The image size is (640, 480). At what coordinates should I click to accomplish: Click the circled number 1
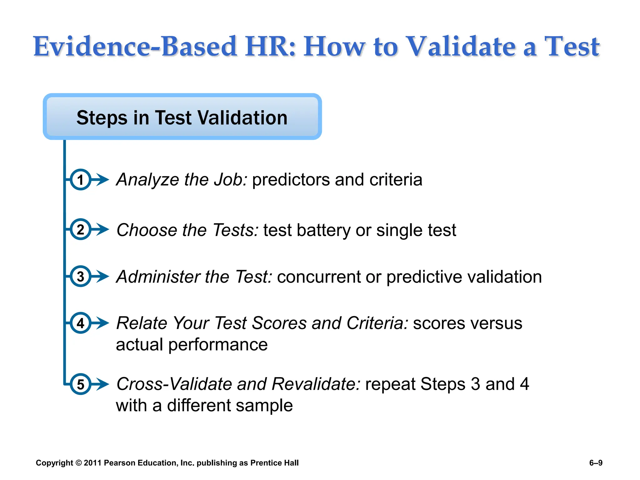tap(80, 180)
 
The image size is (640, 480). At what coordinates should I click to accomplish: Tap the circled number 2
tap(80, 229)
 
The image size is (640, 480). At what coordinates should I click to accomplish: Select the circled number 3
tap(80, 277)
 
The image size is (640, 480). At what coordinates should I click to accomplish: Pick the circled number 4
tap(80, 323)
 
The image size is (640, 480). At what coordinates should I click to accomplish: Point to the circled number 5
tap(80, 384)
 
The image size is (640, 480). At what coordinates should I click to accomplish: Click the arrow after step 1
tap(101, 180)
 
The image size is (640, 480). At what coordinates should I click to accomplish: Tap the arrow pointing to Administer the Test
tap(101, 277)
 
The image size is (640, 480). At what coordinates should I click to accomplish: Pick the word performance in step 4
tap(218, 345)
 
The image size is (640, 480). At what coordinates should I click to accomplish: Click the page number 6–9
tap(596, 463)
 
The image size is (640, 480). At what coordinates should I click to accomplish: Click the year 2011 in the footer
tap(92, 463)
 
